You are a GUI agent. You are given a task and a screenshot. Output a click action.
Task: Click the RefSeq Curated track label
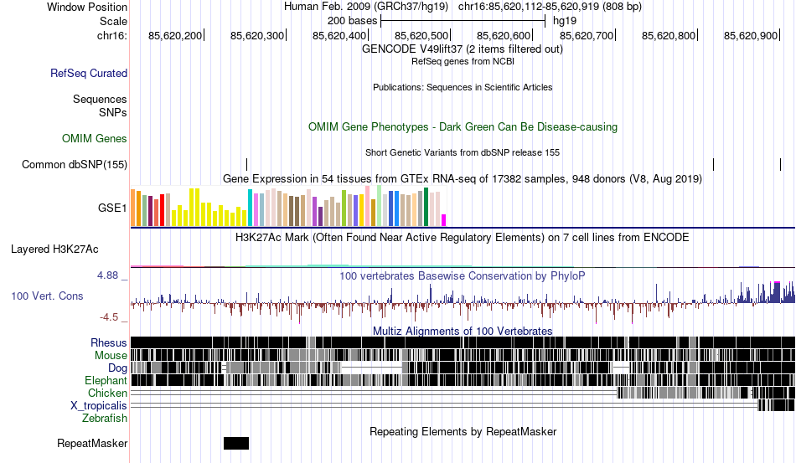point(89,73)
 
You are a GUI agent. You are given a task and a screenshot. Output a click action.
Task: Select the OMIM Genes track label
point(95,138)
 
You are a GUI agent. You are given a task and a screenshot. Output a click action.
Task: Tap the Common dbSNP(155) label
point(75,164)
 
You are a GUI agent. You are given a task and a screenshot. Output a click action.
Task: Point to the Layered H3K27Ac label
point(54,249)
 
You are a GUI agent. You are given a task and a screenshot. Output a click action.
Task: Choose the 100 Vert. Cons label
point(47,296)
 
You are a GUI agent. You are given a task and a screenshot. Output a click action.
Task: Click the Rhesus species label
point(109,342)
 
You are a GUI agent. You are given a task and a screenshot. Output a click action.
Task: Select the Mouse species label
point(111,355)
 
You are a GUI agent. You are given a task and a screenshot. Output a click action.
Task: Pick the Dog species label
point(117,368)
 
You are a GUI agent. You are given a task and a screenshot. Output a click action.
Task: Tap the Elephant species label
point(106,380)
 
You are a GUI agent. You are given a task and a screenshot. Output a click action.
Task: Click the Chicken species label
point(108,393)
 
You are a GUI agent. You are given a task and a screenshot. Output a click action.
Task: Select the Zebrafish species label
point(105,418)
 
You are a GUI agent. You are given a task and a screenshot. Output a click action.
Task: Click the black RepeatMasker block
point(236,443)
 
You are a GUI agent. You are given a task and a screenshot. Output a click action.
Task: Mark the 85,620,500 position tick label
point(422,35)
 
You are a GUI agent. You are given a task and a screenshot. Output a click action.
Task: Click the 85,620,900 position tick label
point(751,35)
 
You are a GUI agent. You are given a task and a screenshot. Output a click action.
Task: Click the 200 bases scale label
point(352,20)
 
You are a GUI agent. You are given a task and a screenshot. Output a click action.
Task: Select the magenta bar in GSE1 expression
point(444,220)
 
